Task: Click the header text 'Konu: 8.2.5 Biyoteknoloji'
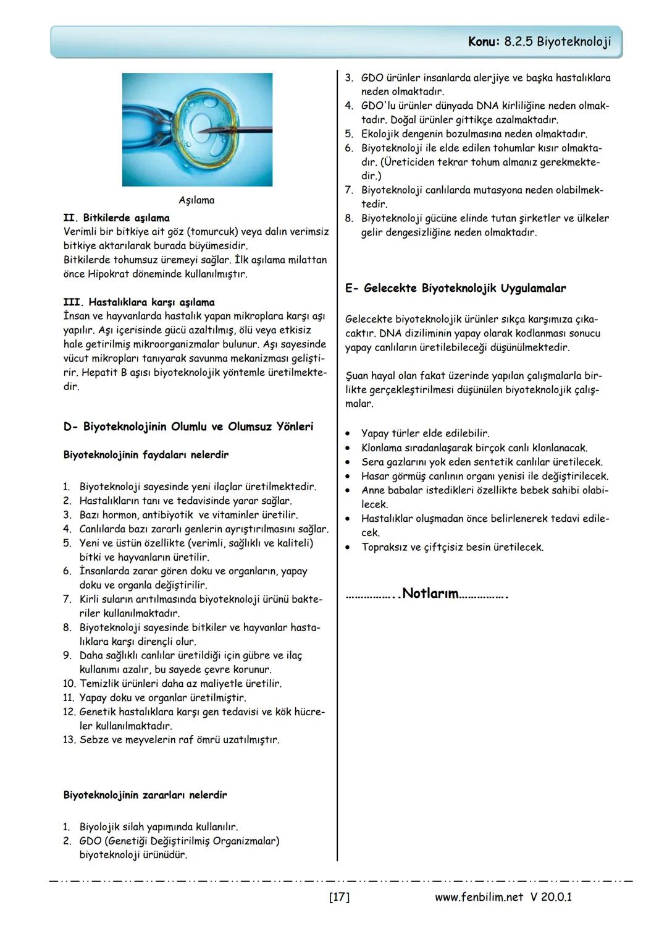539,41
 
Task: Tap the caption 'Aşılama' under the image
196,200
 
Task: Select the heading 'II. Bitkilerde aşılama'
116,218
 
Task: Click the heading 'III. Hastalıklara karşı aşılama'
139,302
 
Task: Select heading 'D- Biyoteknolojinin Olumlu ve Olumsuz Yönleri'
188,427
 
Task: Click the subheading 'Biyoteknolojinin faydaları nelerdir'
146,455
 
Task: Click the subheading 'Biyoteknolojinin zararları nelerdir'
145,795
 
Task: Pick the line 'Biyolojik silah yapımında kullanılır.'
159,827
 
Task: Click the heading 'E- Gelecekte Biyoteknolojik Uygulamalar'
455,289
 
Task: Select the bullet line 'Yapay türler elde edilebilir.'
425,433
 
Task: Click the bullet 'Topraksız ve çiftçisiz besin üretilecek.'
452,547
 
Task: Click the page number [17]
339,896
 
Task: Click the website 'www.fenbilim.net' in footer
479,897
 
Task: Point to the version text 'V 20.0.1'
550,897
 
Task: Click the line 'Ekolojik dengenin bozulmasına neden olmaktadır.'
474,134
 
